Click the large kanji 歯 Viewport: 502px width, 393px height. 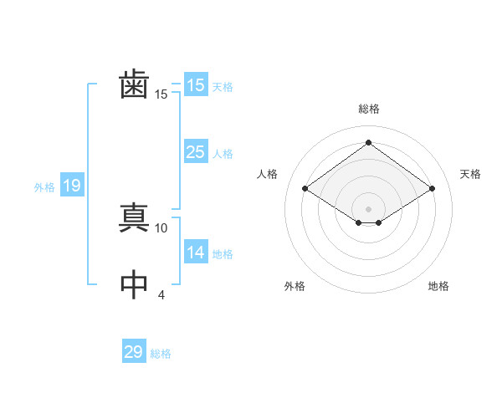click(135, 84)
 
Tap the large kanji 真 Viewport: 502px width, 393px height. click(135, 217)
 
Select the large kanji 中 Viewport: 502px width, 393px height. click(135, 284)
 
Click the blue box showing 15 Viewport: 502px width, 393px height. click(195, 85)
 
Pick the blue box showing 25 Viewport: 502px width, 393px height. click(195, 152)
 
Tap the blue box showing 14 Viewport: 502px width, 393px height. click(195, 253)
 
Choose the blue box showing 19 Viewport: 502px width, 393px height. click(71, 186)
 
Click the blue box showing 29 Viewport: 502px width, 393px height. click(134, 352)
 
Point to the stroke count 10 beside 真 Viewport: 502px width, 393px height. click(161, 227)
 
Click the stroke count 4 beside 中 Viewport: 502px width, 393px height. click(161, 294)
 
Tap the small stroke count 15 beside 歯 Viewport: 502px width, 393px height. click(161, 94)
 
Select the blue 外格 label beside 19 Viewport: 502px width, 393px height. click(44, 187)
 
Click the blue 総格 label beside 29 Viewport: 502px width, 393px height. click(161, 354)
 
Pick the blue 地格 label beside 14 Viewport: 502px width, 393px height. click(223, 254)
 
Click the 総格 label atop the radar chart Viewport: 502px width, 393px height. click(368, 109)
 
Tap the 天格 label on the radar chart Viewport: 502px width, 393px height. click(470, 174)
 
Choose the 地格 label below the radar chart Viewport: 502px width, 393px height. click(438, 286)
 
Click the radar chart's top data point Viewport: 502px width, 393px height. click(368, 143)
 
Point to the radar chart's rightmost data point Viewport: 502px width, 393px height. click(432, 189)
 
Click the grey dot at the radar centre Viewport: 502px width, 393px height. click(368, 207)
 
